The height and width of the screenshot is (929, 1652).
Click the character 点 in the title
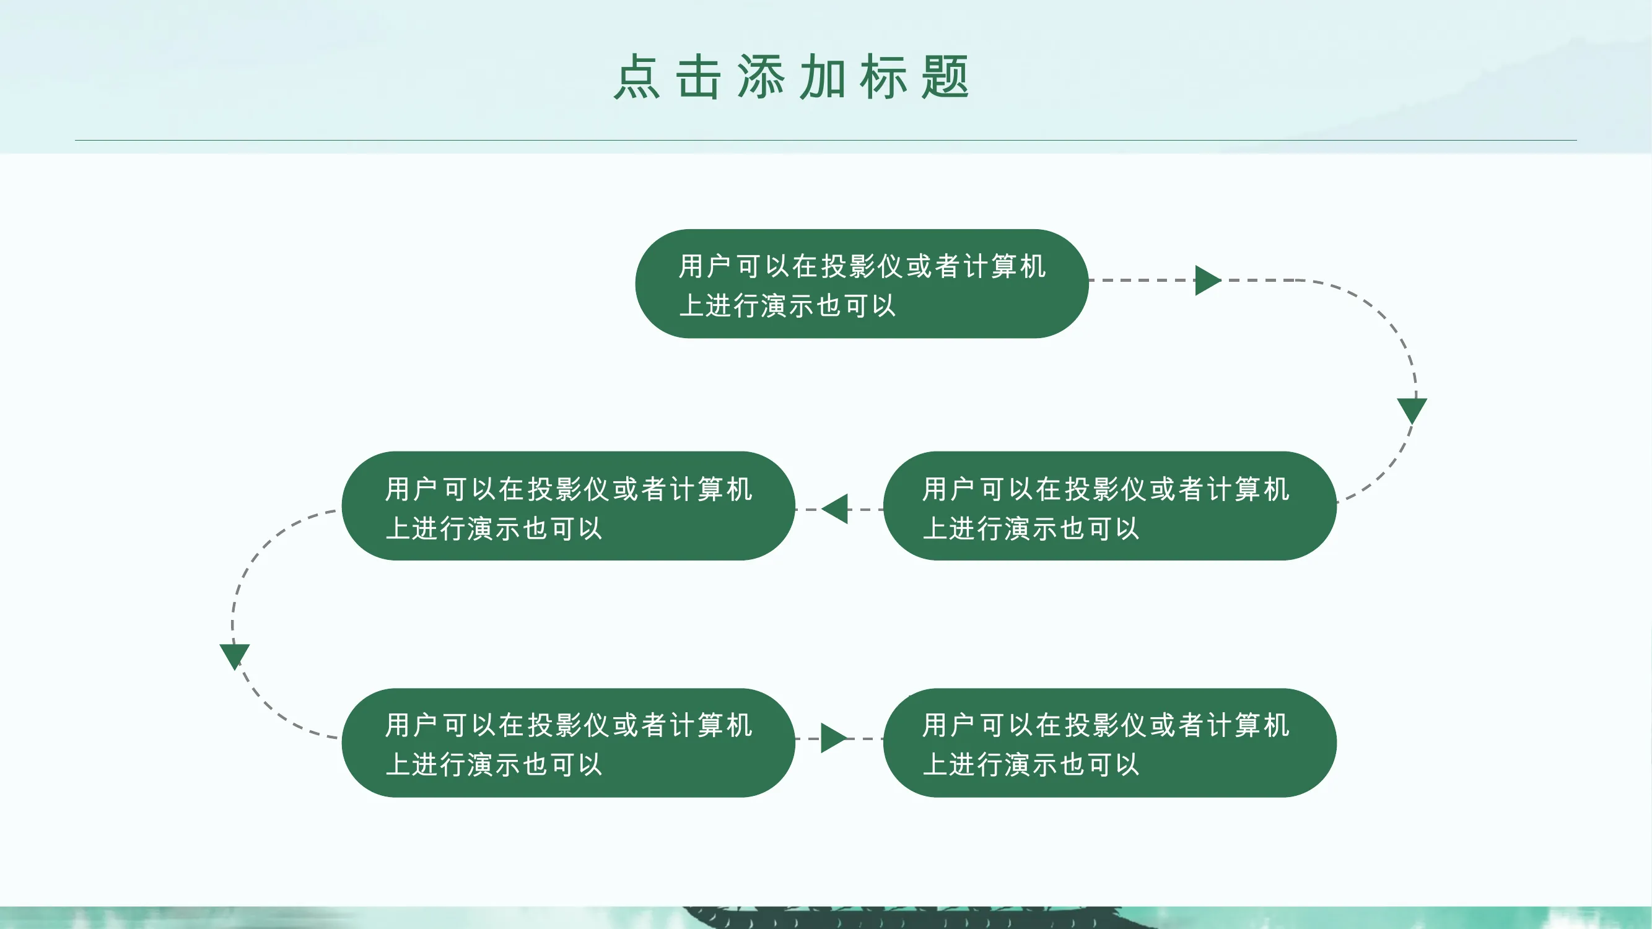(637, 77)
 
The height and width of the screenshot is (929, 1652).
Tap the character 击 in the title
(698, 77)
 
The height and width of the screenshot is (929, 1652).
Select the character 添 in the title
(761, 77)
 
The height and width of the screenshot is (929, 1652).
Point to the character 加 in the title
(822, 77)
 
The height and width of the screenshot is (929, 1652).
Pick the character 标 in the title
(884, 77)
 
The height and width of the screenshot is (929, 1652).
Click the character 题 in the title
(945, 77)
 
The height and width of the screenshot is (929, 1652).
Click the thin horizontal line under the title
(826, 140)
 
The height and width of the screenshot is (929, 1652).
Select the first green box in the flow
(861, 284)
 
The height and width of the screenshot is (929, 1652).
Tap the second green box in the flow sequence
(1109, 506)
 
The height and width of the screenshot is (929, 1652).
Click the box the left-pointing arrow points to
(568, 506)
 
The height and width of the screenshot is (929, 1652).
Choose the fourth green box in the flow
(568, 743)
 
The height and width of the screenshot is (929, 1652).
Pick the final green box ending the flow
(1109, 743)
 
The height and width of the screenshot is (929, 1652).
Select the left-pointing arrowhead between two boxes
(835, 509)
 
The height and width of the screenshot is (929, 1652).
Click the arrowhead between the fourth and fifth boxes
(834, 738)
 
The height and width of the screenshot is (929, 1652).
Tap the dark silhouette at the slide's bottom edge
(898, 917)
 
